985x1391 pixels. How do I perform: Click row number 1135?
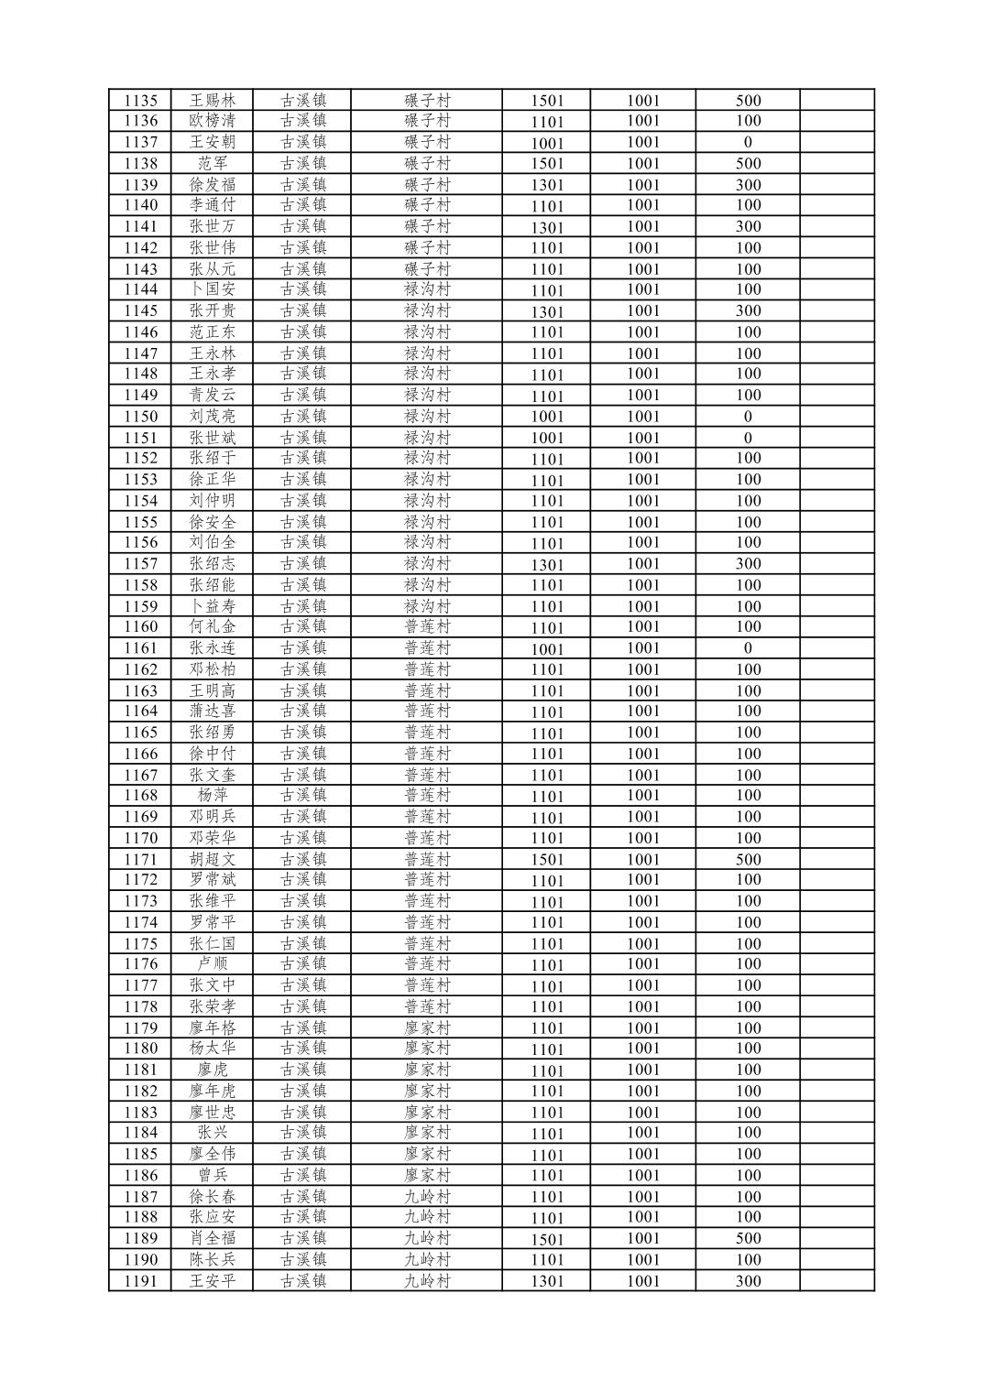click(x=140, y=101)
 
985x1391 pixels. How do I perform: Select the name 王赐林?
click(x=213, y=101)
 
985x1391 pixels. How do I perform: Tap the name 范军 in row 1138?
click(x=213, y=163)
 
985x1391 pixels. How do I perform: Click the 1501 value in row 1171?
click(x=547, y=860)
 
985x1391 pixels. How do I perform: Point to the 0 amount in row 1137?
click(x=748, y=142)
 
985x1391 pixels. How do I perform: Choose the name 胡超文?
click(x=213, y=859)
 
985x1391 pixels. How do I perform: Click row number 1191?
click(x=140, y=1281)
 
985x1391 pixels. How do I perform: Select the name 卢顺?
click(x=213, y=963)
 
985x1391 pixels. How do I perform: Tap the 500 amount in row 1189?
click(x=748, y=1238)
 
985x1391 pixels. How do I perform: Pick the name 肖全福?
click(x=213, y=1238)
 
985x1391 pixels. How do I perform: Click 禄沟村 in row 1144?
click(x=427, y=289)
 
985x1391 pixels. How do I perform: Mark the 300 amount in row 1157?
click(x=748, y=564)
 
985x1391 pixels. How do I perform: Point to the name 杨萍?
click(x=213, y=795)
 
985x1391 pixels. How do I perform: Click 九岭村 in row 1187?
click(x=427, y=1196)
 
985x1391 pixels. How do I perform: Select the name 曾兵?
click(x=213, y=1175)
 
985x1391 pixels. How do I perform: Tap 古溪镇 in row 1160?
click(x=303, y=626)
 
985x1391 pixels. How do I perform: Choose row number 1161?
click(x=140, y=648)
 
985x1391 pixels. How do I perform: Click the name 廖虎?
click(x=213, y=1070)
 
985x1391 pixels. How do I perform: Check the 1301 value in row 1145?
click(x=547, y=311)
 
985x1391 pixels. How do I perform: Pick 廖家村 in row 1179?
click(x=427, y=1027)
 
